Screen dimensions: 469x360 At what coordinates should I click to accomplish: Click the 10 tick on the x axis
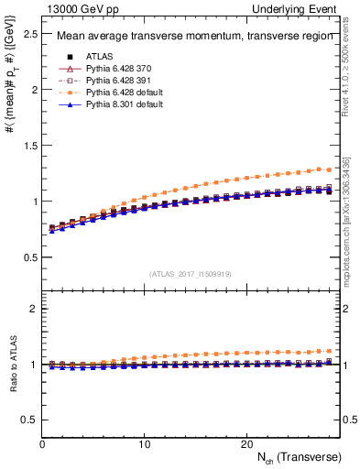pyautogui.click(x=144, y=443)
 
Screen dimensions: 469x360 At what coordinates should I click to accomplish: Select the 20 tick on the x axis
pyautogui.click(x=246, y=443)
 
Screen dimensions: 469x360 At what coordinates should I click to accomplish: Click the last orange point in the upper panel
pyautogui.click(x=329, y=169)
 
